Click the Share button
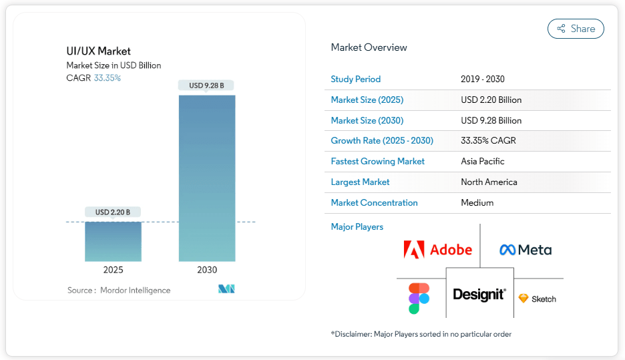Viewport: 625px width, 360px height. point(576,29)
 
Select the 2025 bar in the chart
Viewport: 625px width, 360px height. point(113,241)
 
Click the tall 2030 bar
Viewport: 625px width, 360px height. point(207,178)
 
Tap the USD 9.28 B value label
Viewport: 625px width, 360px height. point(207,85)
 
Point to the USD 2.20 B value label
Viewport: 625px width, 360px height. point(113,212)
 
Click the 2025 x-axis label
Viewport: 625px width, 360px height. point(113,271)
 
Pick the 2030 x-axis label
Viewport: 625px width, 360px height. point(207,271)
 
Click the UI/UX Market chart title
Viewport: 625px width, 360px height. point(98,51)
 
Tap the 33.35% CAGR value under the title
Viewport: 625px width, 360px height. point(107,78)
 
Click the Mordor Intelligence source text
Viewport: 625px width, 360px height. point(135,291)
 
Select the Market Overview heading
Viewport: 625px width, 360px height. point(369,47)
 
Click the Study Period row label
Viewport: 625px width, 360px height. point(355,79)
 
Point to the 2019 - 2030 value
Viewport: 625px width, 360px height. point(483,79)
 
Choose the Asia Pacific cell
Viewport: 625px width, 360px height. point(483,162)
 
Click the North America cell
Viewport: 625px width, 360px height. point(489,182)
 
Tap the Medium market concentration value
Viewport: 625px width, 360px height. point(477,203)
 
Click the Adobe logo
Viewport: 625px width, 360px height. point(438,250)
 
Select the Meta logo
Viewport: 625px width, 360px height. point(526,250)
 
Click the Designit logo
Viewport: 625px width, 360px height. point(479,295)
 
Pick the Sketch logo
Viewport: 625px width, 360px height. point(538,299)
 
